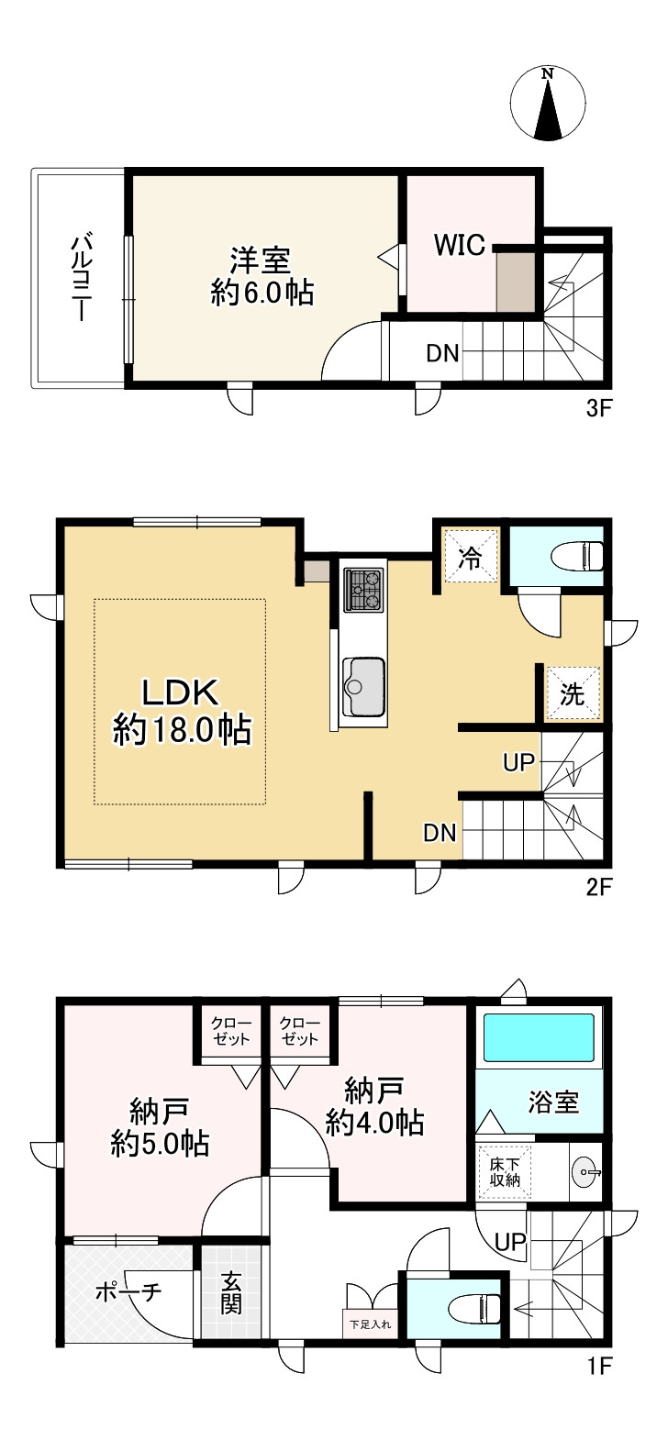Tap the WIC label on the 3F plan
(459, 245)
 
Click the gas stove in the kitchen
(364, 590)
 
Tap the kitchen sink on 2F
(364, 687)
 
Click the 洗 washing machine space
(573, 693)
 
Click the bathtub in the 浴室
(539, 1038)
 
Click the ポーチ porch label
(128, 1290)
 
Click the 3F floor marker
(597, 409)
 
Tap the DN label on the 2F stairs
(440, 833)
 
